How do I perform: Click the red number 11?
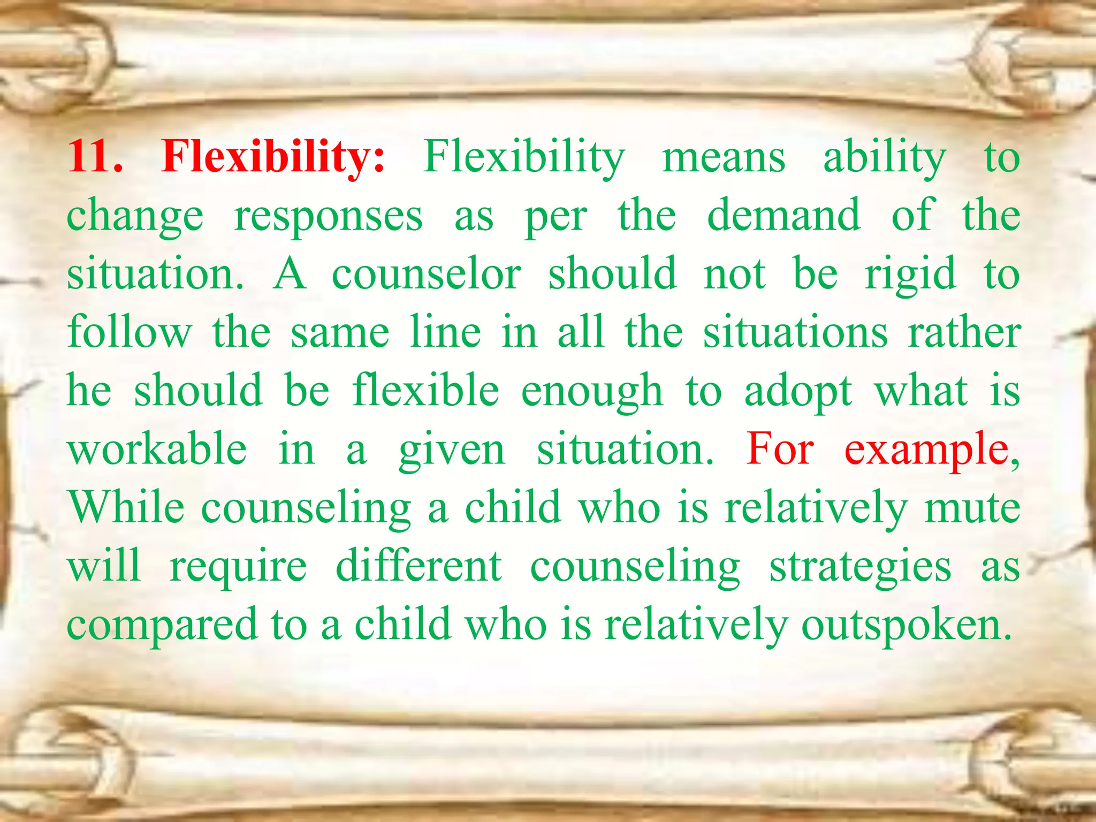click(94, 157)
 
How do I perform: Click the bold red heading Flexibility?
click(273, 157)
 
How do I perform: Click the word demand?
click(783, 216)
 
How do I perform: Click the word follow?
click(130, 332)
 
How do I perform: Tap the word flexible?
click(426, 390)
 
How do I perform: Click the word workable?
click(157, 448)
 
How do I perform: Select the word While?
click(126, 507)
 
